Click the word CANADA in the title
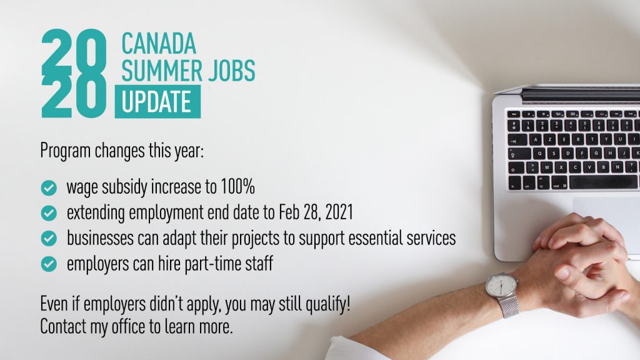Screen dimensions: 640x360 tap(159, 44)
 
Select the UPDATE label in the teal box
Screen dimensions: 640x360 tap(157, 102)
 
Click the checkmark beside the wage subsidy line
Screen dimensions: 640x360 tap(49, 187)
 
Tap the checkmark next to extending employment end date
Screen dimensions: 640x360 tap(49, 213)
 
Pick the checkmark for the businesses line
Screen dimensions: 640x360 tap(49, 238)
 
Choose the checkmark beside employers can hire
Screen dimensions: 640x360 tap(49, 264)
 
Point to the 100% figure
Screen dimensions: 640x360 tap(237, 186)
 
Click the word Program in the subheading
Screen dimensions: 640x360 tap(65, 151)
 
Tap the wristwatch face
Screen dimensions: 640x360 tap(501, 285)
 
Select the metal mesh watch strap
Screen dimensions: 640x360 tap(509, 306)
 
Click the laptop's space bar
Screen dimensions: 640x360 tap(603, 182)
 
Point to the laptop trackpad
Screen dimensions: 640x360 tap(606, 216)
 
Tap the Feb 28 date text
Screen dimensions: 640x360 tap(297, 212)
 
